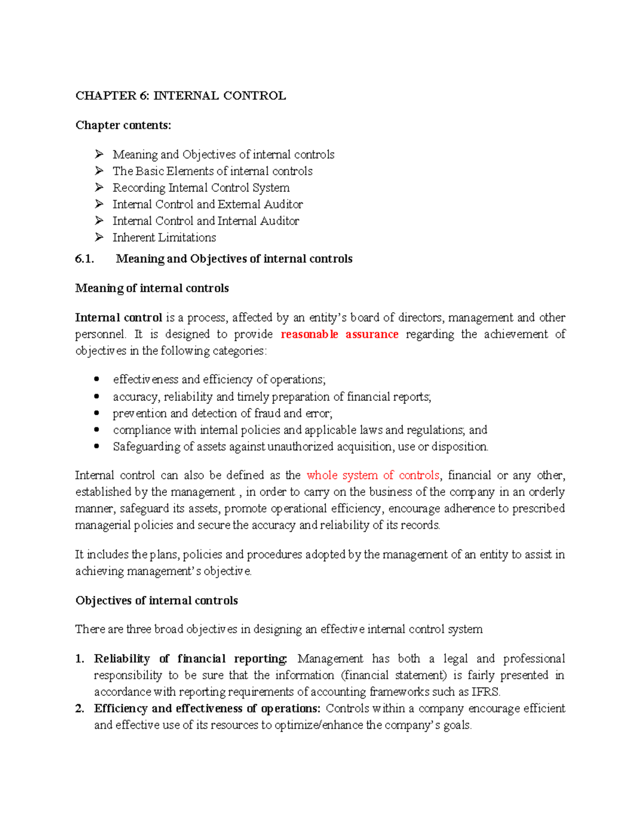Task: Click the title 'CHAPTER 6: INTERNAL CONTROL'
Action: [x=181, y=96]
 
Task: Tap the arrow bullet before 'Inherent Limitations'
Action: [x=99, y=237]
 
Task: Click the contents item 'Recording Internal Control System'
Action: [x=201, y=188]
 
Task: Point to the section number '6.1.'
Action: [x=84, y=259]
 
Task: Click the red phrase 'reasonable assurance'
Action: [x=339, y=334]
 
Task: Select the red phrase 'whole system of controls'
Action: [x=373, y=475]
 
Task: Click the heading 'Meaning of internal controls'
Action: [x=152, y=288]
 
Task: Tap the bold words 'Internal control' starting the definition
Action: [x=119, y=317]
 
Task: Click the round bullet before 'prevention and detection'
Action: [x=97, y=413]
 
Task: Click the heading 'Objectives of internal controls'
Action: [x=157, y=600]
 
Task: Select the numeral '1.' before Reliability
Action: [x=80, y=658]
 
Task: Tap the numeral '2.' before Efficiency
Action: [x=80, y=708]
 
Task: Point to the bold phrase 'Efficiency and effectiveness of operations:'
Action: [x=207, y=708]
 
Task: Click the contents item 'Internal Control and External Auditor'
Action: [x=207, y=204]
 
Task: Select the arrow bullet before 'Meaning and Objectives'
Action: [x=99, y=154]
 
